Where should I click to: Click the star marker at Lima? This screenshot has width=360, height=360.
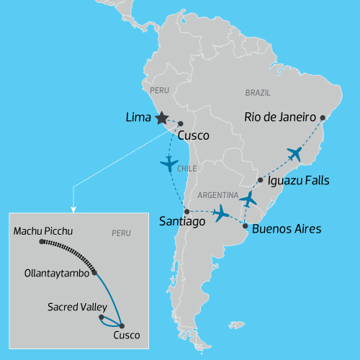pos(161,117)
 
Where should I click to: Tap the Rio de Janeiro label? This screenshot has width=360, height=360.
pos(281,117)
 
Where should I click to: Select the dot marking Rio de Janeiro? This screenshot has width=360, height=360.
pos(323,117)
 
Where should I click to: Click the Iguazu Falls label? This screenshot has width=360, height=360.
pos(298,181)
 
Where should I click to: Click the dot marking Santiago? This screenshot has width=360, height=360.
pos(186,211)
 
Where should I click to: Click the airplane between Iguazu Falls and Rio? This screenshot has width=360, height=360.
pos(294,153)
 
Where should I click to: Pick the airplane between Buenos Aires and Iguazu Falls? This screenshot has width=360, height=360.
pos(248,199)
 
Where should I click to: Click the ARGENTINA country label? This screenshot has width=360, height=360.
pos(218,195)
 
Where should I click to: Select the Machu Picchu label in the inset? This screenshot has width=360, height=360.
pos(43,231)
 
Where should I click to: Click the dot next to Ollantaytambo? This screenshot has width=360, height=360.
pos(95,273)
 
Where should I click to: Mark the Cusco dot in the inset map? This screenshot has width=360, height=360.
pos(121,326)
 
